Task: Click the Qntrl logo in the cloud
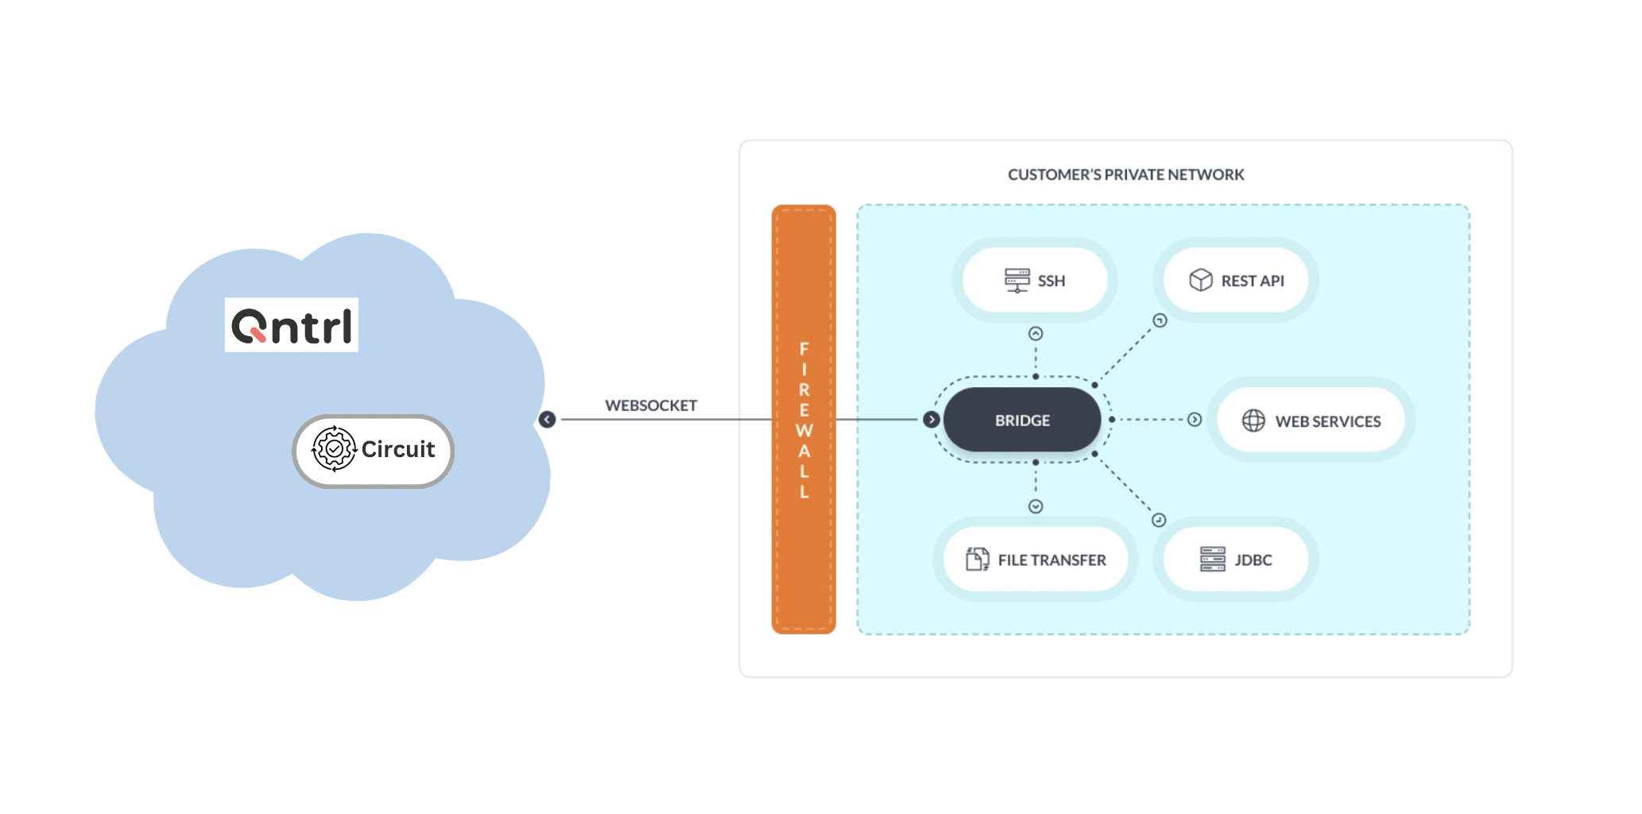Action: click(x=292, y=325)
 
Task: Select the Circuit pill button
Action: click(x=374, y=451)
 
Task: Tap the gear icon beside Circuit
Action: click(x=334, y=449)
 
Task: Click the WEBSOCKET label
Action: click(x=651, y=405)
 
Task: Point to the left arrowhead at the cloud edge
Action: click(x=547, y=420)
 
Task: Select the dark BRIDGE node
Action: click(x=1022, y=420)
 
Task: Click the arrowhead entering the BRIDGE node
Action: click(x=931, y=420)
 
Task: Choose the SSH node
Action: click(x=1035, y=281)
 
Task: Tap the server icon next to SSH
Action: click(x=1017, y=281)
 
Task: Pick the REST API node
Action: click(x=1236, y=281)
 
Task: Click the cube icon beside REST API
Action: click(x=1200, y=280)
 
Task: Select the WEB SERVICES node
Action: click(x=1311, y=421)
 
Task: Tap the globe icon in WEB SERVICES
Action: click(x=1253, y=421)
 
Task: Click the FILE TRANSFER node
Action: click(x=1036, y=560)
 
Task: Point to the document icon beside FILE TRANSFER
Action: click(x=977, y=560)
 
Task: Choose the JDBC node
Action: click(x=1236, y=560)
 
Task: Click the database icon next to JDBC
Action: click(x=1213, y=560)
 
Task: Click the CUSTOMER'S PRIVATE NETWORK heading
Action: click(x=1125, y=175)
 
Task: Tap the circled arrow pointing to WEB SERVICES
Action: click(x=1195, y=420)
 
